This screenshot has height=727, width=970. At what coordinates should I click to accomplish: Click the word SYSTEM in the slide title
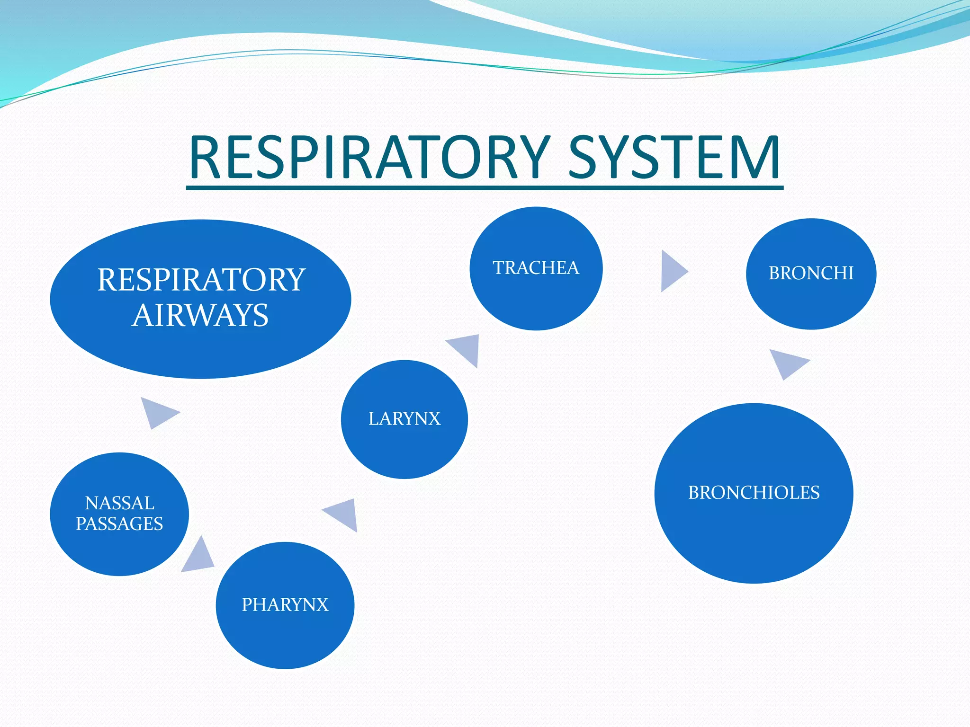[674, 157]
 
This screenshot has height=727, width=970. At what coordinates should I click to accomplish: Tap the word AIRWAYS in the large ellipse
[200, 316]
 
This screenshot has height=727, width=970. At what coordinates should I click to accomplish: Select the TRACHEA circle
[536, 268]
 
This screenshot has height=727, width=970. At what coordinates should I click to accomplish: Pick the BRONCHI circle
[811, 274]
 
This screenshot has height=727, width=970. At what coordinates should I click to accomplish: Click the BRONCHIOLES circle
[754, 493]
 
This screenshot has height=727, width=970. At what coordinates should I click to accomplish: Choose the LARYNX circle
[404, 419]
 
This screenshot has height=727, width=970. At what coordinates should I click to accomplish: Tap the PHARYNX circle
[285, 605]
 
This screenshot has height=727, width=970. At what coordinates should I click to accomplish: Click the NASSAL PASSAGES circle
[119, 514]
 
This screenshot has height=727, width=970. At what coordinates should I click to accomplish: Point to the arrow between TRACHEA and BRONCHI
[672, 271]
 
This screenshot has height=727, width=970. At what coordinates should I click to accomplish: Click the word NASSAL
[119, 503]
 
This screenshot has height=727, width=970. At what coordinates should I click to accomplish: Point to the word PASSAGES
[119, 524]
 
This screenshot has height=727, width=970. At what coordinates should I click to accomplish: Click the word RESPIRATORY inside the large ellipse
[201, 280]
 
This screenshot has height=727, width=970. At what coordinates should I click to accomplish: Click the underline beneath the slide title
[485, 188]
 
